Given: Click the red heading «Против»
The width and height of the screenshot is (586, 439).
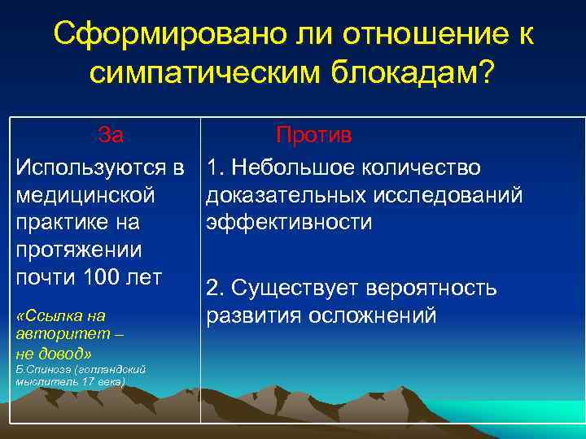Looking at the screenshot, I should click(x=313, y=134).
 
